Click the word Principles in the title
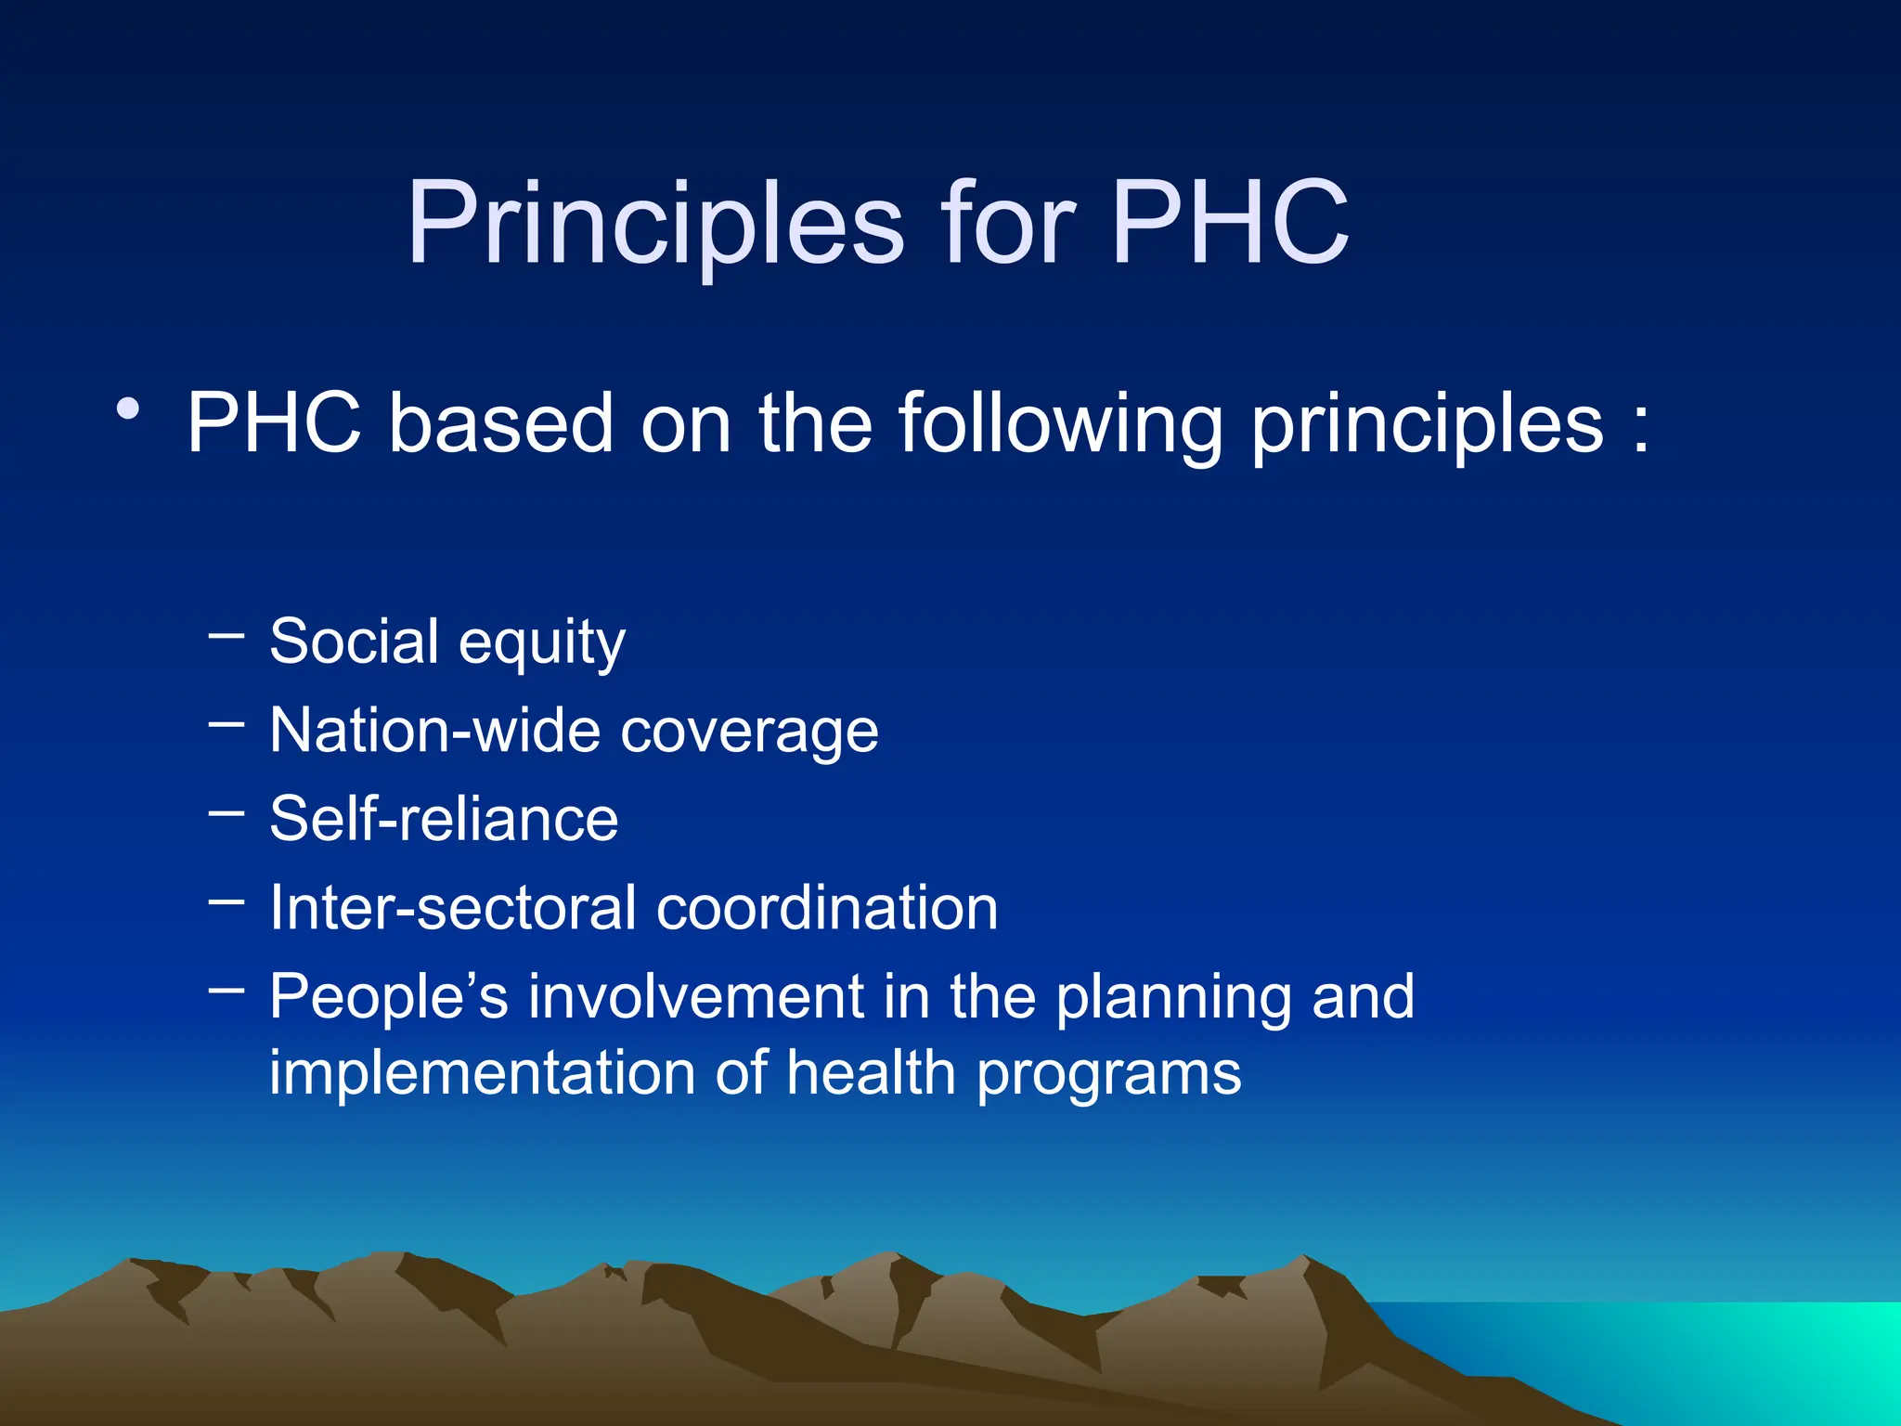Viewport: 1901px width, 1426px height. coord(655,225)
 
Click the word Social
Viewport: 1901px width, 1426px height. coord(354,642)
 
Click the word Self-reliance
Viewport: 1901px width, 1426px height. coord(444,820)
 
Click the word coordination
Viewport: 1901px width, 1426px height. coord(827,908)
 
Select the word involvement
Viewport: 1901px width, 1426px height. coord(696,997)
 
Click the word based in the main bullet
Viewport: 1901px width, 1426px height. coord(500,425)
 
